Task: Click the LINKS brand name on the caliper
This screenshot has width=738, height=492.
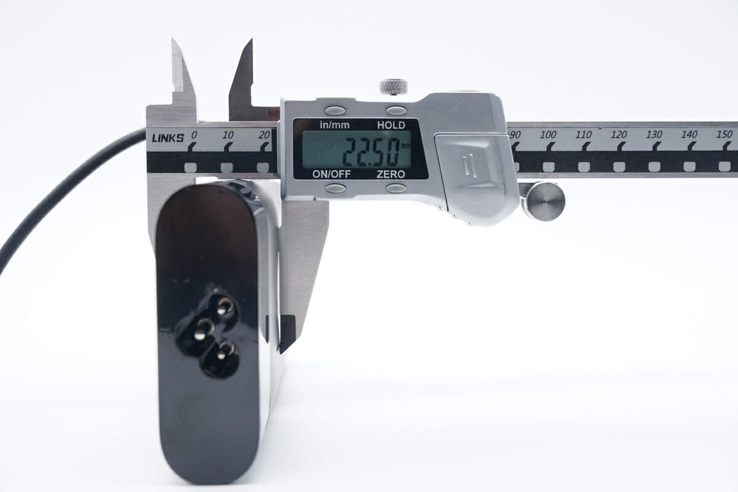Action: [168, 138]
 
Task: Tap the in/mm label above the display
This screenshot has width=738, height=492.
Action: [335, 125]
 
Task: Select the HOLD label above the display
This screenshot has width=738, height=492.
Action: [391, 125]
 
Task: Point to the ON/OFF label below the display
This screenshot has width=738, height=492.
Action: [331, 174]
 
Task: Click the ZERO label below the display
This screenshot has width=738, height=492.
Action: [391, 174]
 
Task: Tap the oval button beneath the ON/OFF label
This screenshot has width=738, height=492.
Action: [335, 188]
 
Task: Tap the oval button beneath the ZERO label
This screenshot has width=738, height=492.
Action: [396, 188]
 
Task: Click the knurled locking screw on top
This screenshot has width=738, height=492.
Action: [394, 87]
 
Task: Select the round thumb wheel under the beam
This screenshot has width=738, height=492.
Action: [546, 201]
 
